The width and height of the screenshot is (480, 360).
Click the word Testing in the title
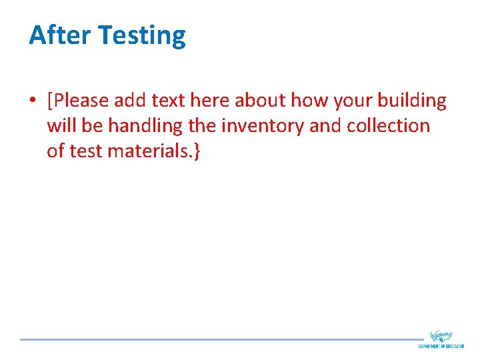(142, 36)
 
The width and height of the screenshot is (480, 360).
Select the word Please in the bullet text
(81, 101)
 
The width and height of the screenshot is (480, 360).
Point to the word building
(411, 101)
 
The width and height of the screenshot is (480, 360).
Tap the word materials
(147, 151)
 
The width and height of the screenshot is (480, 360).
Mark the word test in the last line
(85, 151)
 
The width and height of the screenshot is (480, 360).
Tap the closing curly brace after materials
(196, 151)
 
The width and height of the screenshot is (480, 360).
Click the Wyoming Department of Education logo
(441, 339)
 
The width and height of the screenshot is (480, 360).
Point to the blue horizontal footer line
(220, 339)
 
